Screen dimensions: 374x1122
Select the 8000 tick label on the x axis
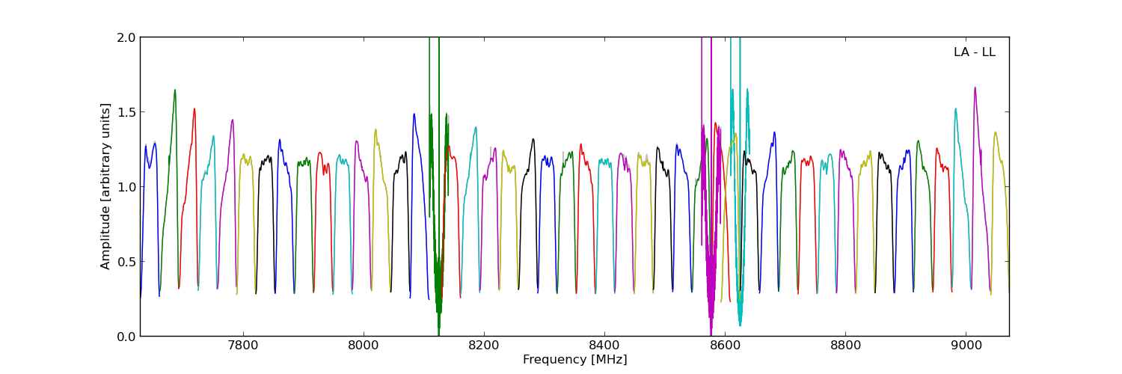click(364, 346)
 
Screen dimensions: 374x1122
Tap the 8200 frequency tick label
click(484, 346)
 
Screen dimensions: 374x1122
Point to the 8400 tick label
click(604, 346)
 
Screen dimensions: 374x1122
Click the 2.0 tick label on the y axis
click(126, 37)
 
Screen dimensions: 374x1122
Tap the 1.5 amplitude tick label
click(126, 112)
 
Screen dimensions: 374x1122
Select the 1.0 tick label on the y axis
click(126, 187)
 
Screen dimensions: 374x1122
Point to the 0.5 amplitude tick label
click(126, 262)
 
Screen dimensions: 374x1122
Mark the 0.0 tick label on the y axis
click(126, 337)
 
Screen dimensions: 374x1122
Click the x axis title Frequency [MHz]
click(574, 360)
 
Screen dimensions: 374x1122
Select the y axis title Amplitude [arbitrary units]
click(106, 186)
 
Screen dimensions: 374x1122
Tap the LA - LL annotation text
click(974, 52)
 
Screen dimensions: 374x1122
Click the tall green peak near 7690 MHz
click(175, 91)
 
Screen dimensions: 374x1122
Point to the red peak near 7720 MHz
click(194, 109)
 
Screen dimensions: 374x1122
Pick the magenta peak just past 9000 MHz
click(975, 88)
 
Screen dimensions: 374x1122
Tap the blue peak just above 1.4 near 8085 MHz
click(414, 114)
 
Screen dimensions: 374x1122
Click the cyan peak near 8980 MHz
click(955, 109)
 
